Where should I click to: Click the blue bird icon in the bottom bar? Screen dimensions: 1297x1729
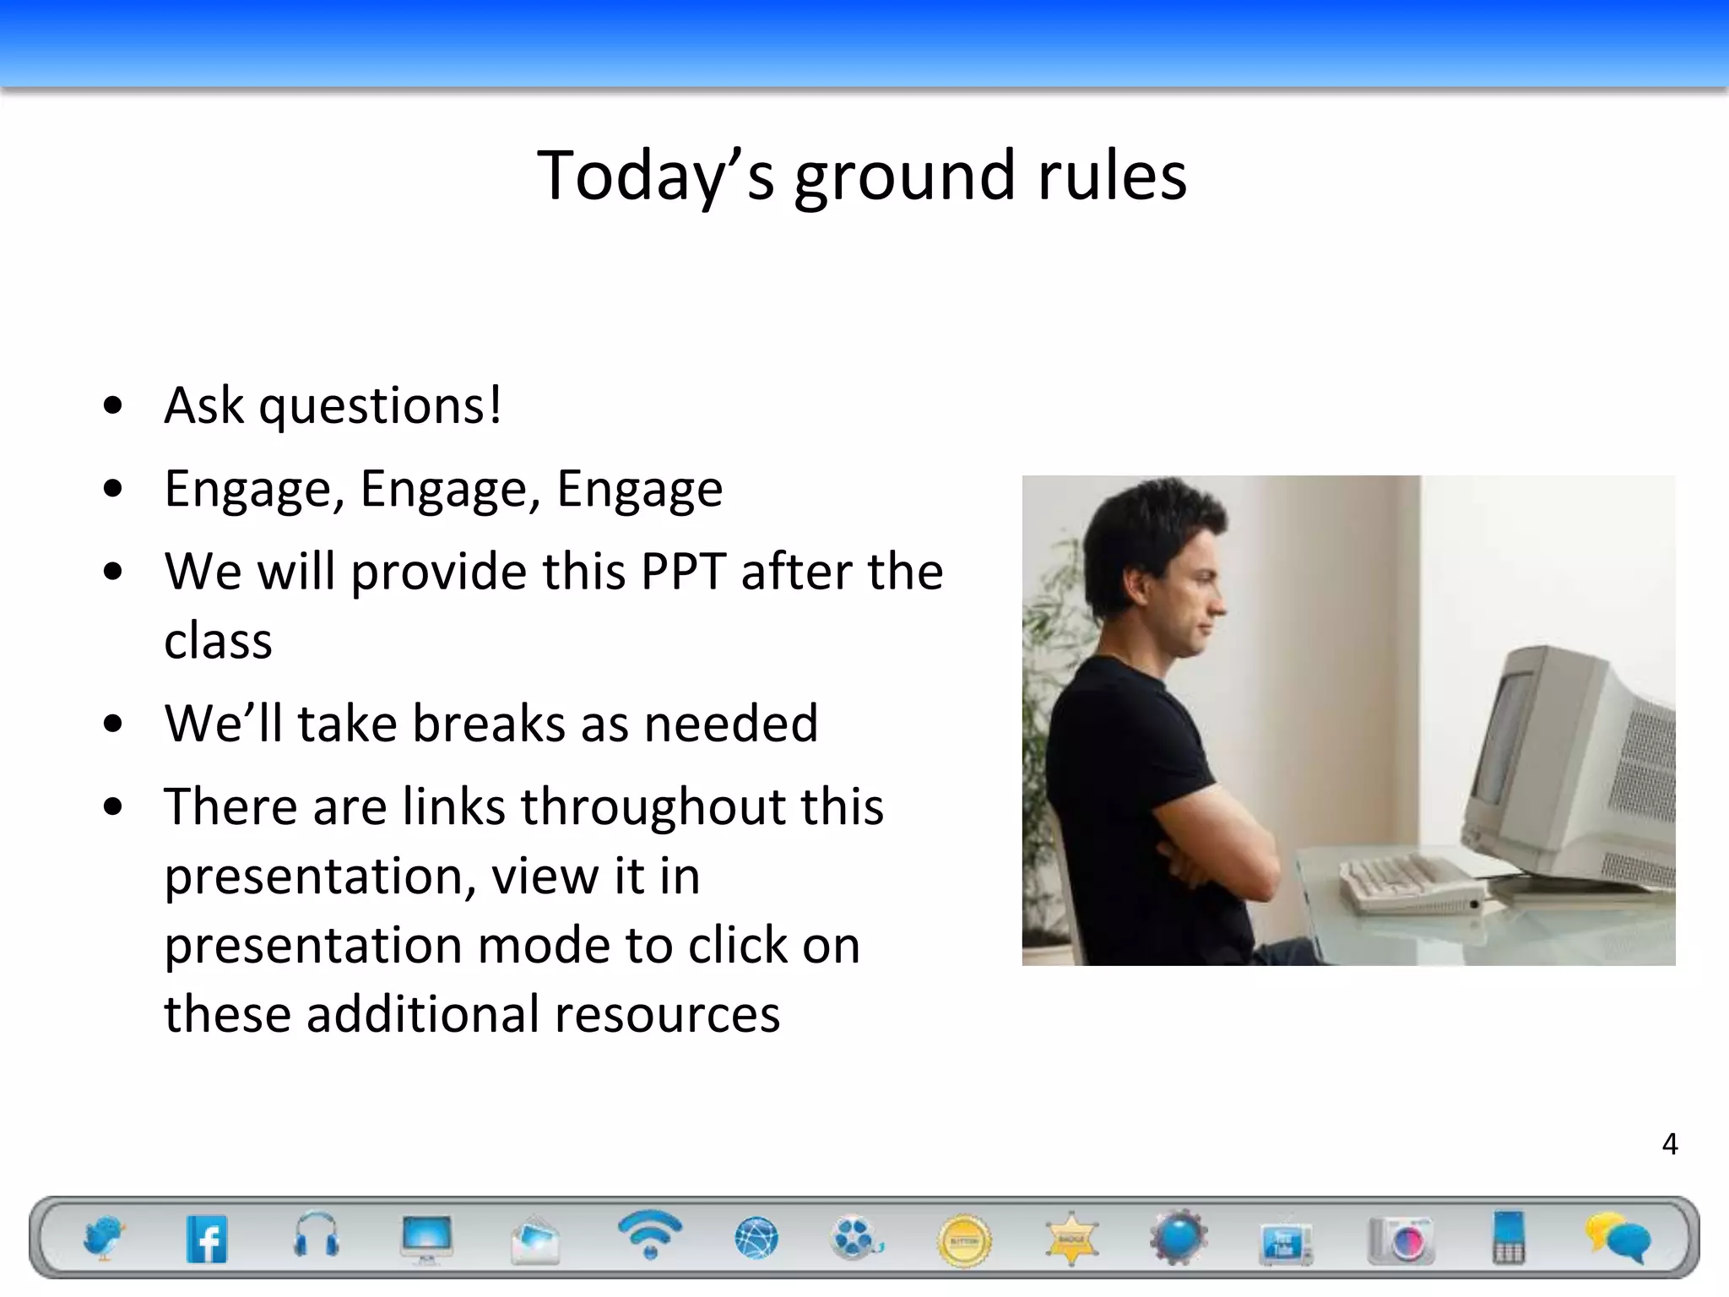click(x=103, y=1238)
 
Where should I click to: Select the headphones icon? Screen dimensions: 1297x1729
click(x=317, y=1235)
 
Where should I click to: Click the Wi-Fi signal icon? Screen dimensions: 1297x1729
click(x=649, y=1234)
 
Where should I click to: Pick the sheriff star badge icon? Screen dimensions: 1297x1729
click(x=1071, y=1239)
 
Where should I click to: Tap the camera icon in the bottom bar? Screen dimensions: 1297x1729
click(x=1401, y=1240)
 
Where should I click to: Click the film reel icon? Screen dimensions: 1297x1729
click(x=855, y=1238)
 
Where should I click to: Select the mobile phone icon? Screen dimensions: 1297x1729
click(x=1509, y=1238)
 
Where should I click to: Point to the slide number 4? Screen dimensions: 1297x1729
click(x=1669, y=1144)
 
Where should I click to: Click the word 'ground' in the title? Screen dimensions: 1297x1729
click(x=904, y=176)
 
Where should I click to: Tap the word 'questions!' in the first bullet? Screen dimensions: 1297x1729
click(x=380, y=406)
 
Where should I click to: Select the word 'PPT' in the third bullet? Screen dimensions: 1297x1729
click(x=683, y=572)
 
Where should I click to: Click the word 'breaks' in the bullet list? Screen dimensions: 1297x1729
click(x=489, y=724)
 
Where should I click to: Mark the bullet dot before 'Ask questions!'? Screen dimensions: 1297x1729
click(x=112, y=406)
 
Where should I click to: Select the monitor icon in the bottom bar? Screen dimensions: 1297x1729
click(x=427, y=1238)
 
